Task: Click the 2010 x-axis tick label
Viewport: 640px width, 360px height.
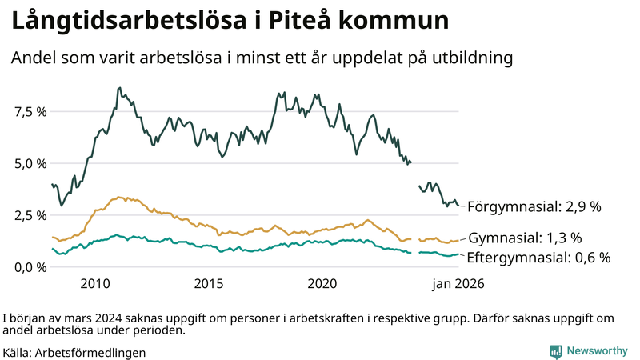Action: [95, 283]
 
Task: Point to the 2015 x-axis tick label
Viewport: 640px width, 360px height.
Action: [209, 283]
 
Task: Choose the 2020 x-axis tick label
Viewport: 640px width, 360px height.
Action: [322, 283]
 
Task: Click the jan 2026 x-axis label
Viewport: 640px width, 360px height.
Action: [458, 283]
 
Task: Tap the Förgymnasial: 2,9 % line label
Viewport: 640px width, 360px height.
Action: [534, 206]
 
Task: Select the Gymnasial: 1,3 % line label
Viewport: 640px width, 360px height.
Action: [525, 238]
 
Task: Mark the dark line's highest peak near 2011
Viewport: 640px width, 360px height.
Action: [119, 88]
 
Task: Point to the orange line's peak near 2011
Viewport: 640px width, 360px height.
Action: [119, 197]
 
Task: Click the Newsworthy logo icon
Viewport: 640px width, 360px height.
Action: [555, 351]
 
